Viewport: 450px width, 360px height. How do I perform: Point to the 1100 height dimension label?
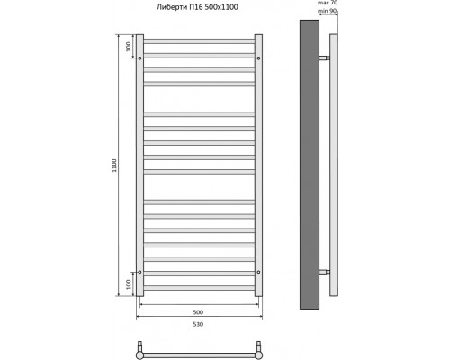pyautogui.click(x=114, y=167)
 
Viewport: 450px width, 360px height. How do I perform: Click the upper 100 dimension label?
pyautogui.click(x=129, y=46)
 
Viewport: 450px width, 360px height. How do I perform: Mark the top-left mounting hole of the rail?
pyautogui.click(x=140, y=58)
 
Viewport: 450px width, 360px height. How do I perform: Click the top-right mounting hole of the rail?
pyautogui.click(x=259, y=58)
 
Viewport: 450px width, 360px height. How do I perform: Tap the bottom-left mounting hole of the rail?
pyautogui.click(x=140, y=271)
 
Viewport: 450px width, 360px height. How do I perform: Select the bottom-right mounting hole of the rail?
pyautogui.click(x=259, y=271)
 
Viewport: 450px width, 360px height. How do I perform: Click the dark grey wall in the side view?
pyautogui.click(x=309, y=166)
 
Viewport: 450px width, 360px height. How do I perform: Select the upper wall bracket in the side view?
pyautogui.click(x=325, y=58)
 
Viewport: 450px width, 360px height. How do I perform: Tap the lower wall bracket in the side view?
pyautogui.click(x=325, y=271)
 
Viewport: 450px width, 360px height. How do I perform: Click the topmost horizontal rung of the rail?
pyautogui.click(x=200, y=41)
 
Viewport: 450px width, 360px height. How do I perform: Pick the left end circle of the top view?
pyautogui.click(x=140, y=348)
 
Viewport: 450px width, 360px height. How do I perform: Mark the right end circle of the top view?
pyautogui.click(x=259, y=348)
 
